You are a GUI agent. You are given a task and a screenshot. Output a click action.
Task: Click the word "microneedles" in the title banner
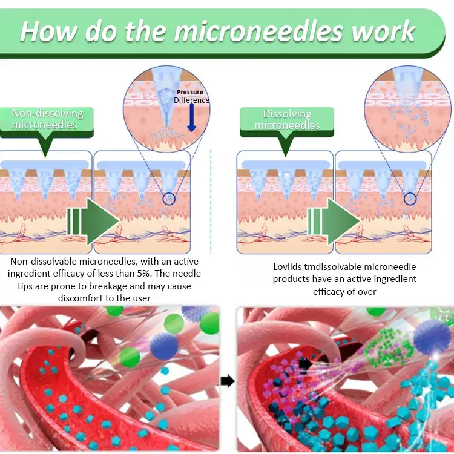(258, 31)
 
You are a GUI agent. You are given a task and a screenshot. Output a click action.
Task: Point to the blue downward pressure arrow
(192, 117)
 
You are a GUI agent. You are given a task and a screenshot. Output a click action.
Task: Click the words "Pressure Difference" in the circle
(191, 96)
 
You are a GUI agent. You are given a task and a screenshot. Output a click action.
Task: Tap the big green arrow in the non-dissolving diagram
(93, 222)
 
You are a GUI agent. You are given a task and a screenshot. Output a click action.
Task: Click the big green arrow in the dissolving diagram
(334, 222)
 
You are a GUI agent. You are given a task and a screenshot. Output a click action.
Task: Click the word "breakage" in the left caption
(108, 286)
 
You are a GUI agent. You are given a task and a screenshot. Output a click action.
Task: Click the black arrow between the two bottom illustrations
(228, 381)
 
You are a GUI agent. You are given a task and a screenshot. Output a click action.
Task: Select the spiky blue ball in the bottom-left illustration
(164, 346)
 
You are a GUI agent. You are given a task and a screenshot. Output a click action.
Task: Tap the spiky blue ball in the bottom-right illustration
(432, 337)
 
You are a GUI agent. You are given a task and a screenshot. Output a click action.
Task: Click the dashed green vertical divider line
(211, 201)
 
